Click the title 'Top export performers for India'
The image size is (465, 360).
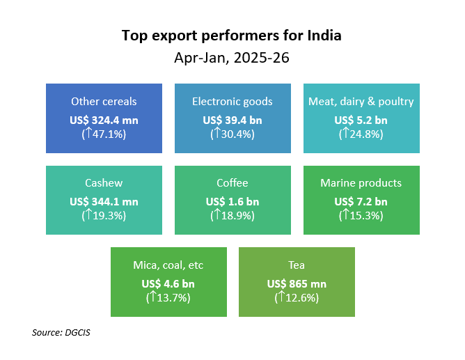coord(232,35)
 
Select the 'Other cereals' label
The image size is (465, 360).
coord(104,102)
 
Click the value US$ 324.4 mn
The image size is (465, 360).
coord(104,120)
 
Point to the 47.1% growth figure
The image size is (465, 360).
coord(104,134)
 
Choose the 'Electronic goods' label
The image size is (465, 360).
coord(232,102)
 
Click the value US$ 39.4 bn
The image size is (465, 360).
coord(232,120)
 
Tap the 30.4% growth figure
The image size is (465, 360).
coord(232,134)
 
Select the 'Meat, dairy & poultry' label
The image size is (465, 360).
coord(361,102)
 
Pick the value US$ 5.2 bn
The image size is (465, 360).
coord(361,120)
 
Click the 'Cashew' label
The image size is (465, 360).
coord(104,183)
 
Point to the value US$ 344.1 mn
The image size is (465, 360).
coord(104,202)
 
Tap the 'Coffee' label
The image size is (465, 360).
coord(232,183)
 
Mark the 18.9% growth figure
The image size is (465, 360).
coord(232,215)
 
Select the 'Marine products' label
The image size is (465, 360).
coord(361,183)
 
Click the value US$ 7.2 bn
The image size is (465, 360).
coord(361,202)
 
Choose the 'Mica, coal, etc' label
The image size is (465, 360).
coord(168,265)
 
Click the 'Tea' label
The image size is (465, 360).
coord(297,265)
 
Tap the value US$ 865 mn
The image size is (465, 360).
coord(297,284)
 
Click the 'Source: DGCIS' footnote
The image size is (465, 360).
coord(61,333)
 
